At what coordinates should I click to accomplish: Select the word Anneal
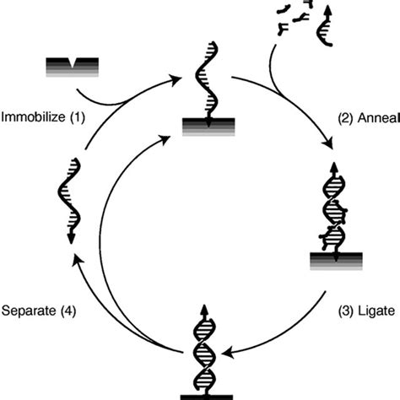pyautogui.click(x=377, y=117)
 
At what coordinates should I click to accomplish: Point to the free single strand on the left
pyautogui.click(x=67, y=203)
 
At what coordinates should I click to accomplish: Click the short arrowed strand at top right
pyautogui.click(x=325, y=25)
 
